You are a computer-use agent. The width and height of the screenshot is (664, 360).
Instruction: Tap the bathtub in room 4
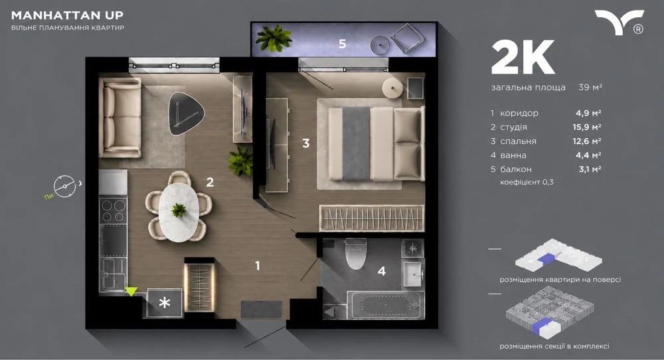(x=385, y=304)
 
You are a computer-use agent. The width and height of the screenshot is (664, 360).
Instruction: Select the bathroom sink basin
(x=413, y=274)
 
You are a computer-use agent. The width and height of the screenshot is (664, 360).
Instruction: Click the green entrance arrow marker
(x=131, y=292)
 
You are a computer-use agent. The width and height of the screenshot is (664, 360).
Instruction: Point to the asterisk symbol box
(x=165, y=302)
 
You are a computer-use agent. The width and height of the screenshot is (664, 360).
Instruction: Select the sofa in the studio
(x=121, y=118)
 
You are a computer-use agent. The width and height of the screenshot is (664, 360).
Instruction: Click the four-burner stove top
(x=113, y=211)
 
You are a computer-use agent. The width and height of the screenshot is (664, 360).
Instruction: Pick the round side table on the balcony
(x=380, y=45)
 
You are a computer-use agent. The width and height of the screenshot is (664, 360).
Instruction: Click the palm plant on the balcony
(x=274, y=38)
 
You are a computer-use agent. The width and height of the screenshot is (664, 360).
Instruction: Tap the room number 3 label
(x=305, y=143)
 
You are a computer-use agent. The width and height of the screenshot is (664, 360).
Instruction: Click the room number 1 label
(x=258, y=266)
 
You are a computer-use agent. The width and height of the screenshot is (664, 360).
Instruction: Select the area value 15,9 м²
(x=587, y=127)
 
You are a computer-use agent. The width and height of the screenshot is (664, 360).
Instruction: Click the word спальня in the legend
(x=518, y=141)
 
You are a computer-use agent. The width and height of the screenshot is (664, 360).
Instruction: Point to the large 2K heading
(x=523, y=58)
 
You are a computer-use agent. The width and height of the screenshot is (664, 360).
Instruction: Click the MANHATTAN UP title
(x=67, y=15)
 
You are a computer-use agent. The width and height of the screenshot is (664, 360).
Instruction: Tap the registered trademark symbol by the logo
(x=638, y=29)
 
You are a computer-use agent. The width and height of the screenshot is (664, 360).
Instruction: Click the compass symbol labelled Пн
(x=65, y=187)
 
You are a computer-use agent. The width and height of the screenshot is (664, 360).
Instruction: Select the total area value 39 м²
(x=590, y=87)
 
